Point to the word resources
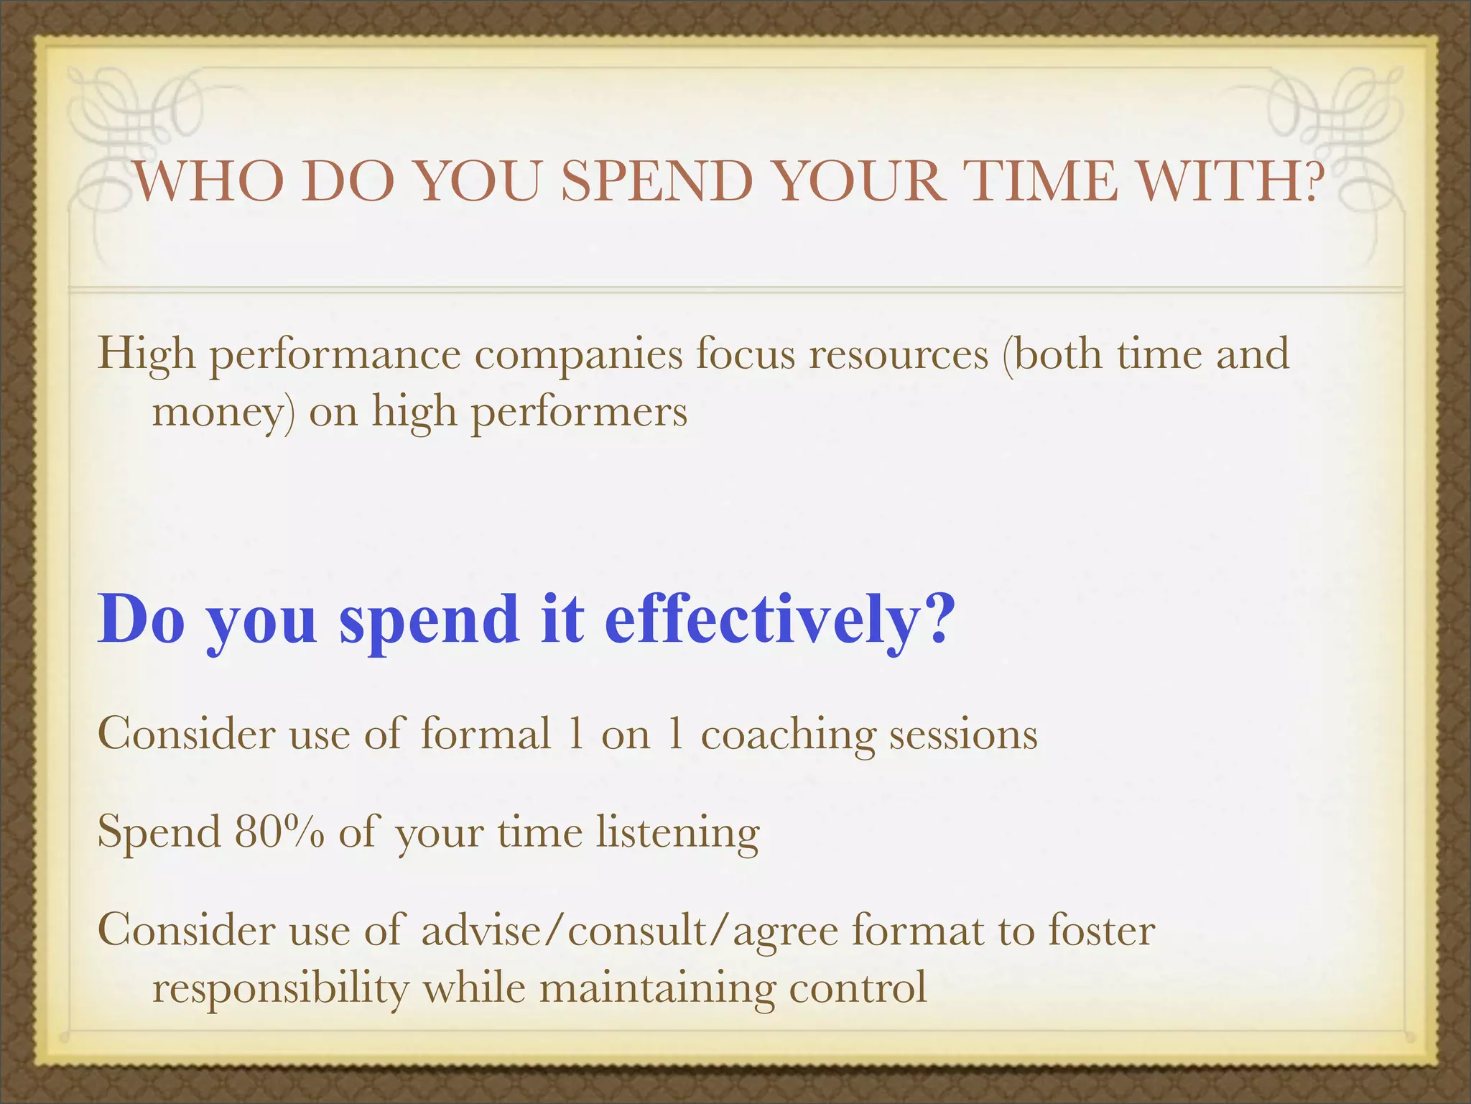[899, 354]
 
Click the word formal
[486, 735]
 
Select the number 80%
[279, 832]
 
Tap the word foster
[1102, 930]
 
